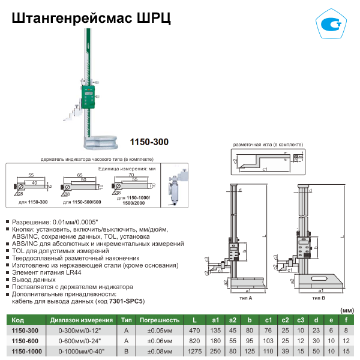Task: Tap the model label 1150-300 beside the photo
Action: pyautogui.click(x=149, y=142)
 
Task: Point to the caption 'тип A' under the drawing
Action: pyautogui.click(x=245, y=298)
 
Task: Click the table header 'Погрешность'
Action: pyautogui.click(x=160, y=320)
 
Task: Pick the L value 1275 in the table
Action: pyautogui.click(x=194, y=350)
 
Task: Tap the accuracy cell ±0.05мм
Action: pyautogui.click(x=160, y=331)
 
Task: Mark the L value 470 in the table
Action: pyautogui.click(x=194, y=331)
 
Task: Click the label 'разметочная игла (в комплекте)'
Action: pyautogui.click(x=263, y=146)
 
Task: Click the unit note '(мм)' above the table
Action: pyautogui.click(x=346, y=310)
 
